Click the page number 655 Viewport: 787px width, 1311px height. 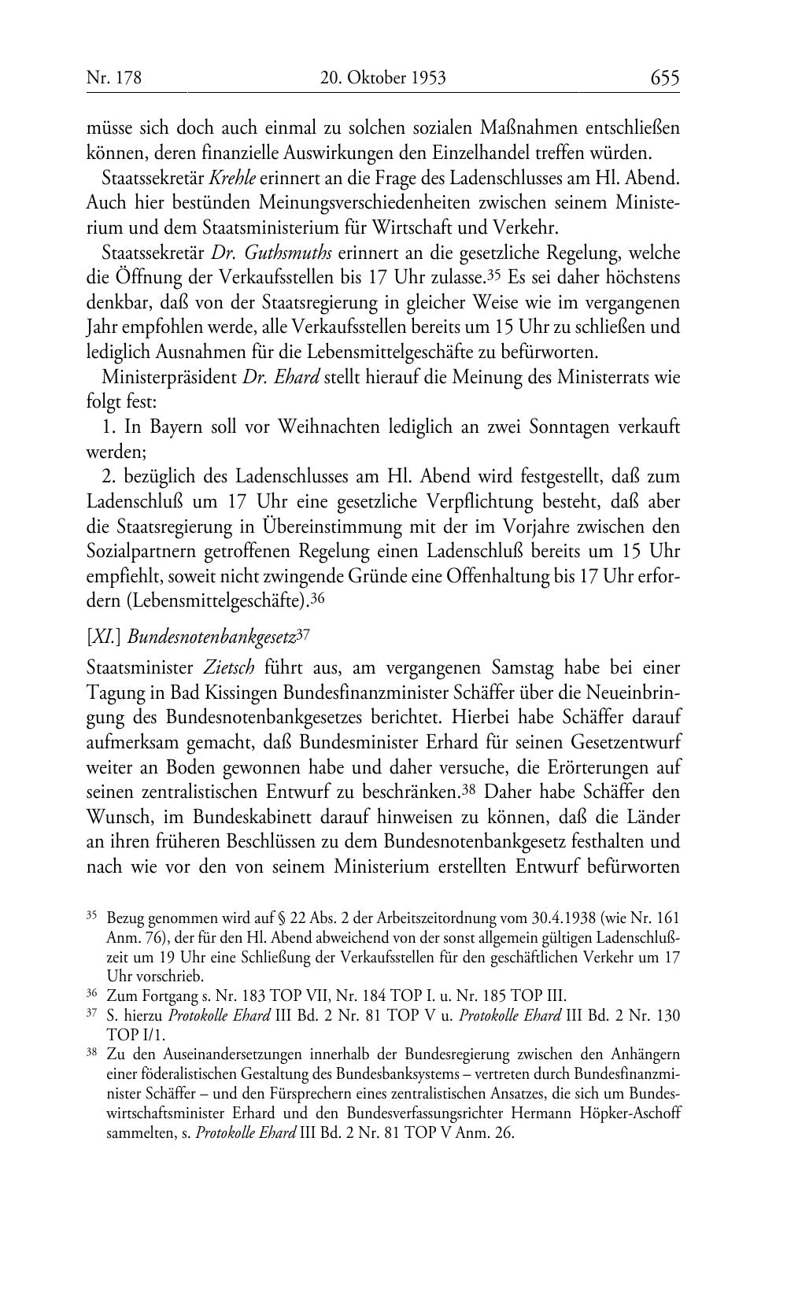click(664, 77)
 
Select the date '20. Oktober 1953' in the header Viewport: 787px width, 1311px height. click(383, 78)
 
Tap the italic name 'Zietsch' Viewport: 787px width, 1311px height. click(228, 667)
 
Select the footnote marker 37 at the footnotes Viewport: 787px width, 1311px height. click(91, 1013)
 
